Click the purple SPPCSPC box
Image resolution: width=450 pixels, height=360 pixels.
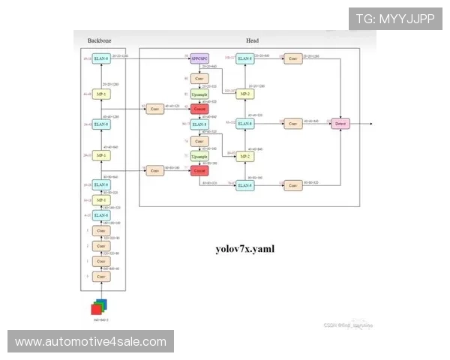199,57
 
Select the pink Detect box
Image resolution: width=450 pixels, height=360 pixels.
340,123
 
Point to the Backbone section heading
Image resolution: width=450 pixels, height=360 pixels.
98,40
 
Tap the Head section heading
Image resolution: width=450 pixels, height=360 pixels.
253,40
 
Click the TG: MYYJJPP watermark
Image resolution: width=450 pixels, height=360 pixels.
395,18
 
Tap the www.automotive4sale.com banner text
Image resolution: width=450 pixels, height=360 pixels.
91,342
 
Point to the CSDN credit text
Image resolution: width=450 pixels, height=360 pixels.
348,325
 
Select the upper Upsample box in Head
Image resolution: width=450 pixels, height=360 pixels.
199,94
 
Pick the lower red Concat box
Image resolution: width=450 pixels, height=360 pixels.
199,171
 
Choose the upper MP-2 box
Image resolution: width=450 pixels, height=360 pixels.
244,94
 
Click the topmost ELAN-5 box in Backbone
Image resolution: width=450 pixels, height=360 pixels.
101,58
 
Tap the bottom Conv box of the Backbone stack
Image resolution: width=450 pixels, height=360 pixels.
101,277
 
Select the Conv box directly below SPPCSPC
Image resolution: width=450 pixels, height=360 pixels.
199,78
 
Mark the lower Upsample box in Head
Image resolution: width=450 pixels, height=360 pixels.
199,156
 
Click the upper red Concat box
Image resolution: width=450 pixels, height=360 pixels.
199,109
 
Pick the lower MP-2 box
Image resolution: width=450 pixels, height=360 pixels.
244,156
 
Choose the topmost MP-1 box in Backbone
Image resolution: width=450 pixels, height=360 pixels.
101,94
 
